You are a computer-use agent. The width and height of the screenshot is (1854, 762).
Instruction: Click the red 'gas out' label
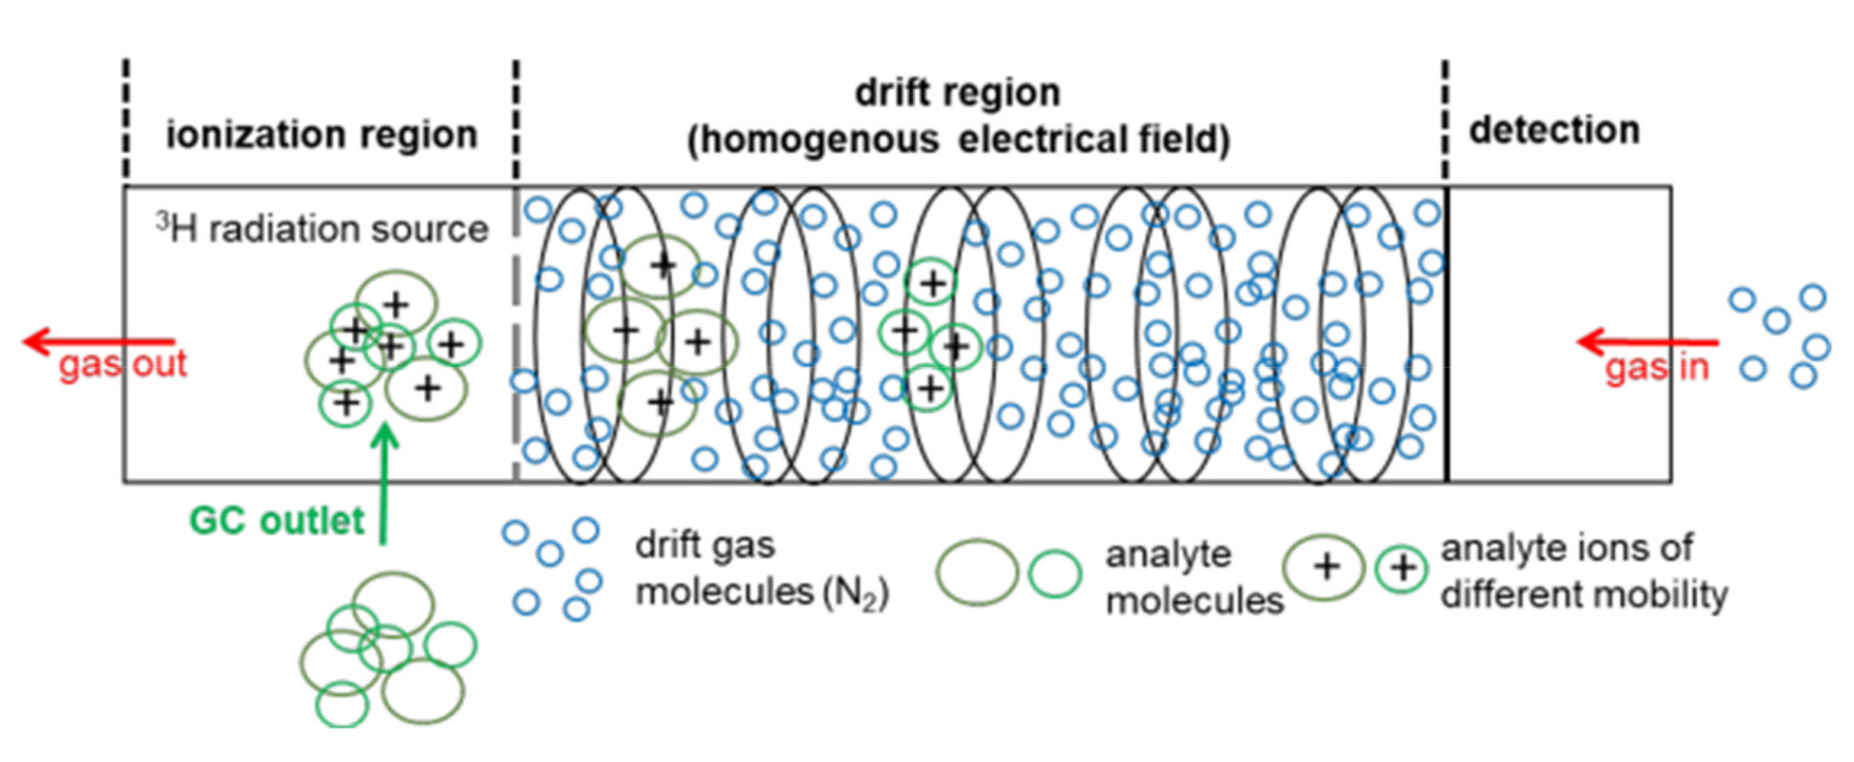point(123,364)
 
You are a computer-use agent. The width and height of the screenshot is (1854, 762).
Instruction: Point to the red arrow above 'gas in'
point(1648,342)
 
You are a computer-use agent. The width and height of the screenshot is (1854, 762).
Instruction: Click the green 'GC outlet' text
point(277,520)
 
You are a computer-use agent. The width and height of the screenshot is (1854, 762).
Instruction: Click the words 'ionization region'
point(321,134)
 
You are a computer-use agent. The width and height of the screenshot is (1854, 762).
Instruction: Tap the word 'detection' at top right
point(1554,130)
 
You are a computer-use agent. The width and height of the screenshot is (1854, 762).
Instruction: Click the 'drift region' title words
point(958,93)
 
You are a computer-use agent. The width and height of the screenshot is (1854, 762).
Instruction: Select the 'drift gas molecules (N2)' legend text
point(761,569)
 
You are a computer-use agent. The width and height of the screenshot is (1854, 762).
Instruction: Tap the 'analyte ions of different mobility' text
point(1583,571)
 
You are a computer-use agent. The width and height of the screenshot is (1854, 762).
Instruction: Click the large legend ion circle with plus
point(1325,567)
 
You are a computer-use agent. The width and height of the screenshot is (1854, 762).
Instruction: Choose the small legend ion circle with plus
point(1401,568)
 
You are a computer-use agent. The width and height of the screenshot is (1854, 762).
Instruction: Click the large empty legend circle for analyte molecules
point(977,572)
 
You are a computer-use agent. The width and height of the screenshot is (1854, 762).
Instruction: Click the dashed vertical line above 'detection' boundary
point(1444,119)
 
